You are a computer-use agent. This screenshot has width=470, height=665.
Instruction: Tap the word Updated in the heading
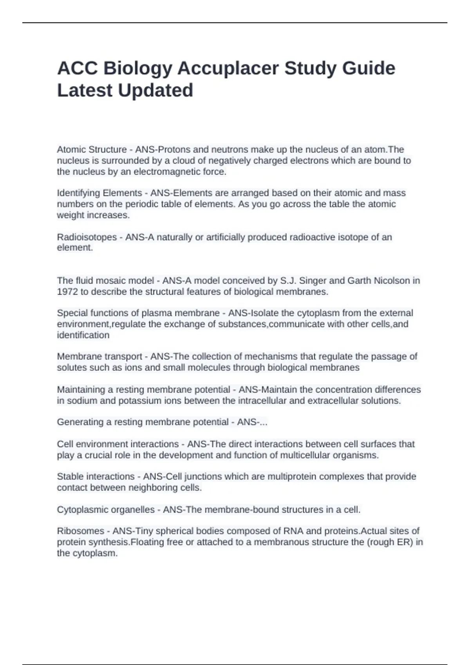point(155,90)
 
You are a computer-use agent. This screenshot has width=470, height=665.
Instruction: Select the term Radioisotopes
point(87,237)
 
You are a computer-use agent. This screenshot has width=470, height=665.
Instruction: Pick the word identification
point(83,335)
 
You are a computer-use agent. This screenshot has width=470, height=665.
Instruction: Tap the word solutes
point(69,368)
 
